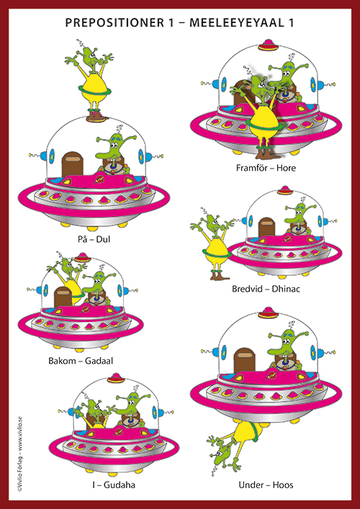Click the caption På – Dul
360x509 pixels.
94,240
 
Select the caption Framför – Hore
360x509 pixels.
266,168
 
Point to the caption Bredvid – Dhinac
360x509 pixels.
266,289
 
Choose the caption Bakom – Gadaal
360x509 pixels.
81,361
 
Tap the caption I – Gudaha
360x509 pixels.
113,485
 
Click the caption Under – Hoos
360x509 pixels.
266,485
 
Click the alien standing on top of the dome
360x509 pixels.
89,81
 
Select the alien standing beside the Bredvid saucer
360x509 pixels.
212,244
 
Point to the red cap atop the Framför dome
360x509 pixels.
268,45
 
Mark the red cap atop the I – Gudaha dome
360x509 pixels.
116,378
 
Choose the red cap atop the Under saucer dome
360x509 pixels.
268,312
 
